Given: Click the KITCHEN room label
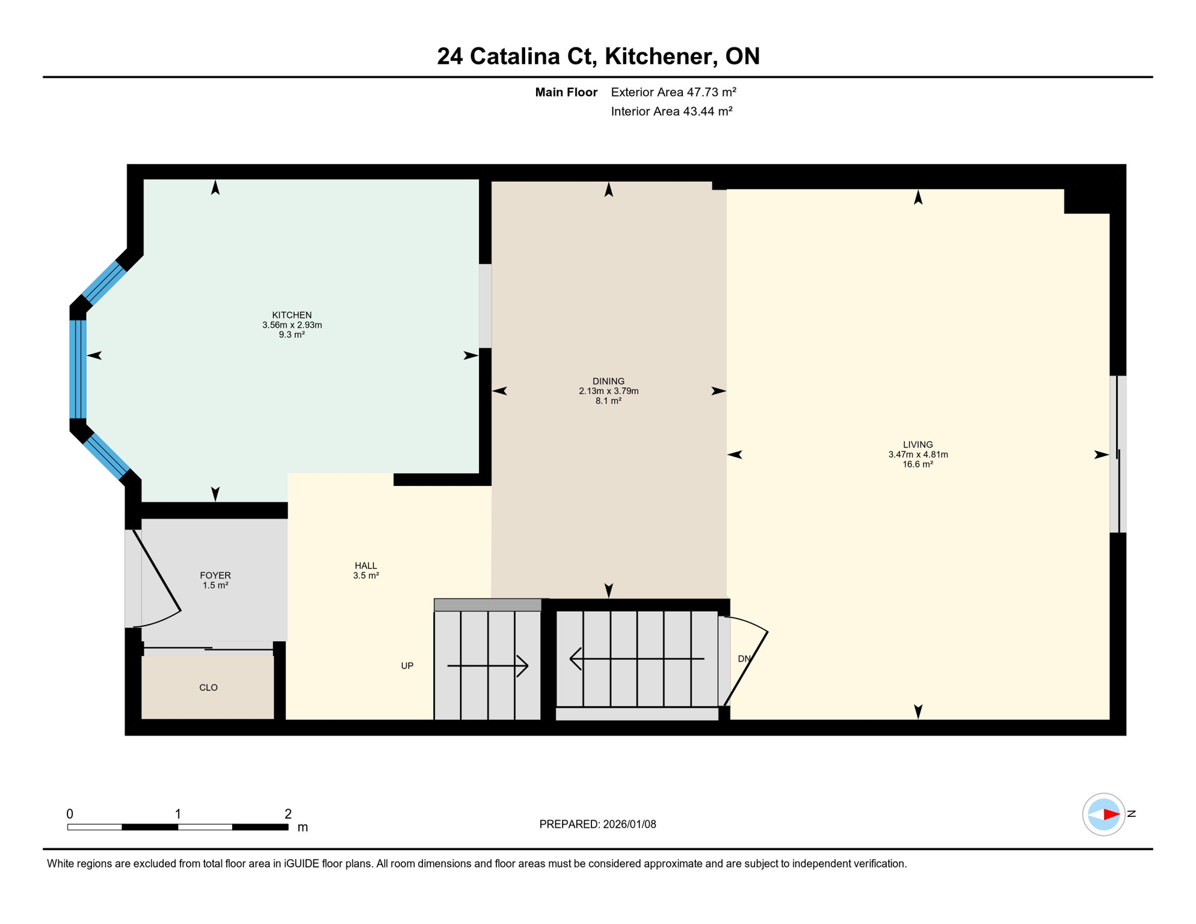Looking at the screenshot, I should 292,315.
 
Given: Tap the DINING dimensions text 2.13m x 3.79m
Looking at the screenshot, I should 608,391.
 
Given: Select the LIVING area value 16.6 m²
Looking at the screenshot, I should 917,464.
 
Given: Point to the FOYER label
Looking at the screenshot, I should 215,575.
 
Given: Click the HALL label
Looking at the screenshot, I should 366,565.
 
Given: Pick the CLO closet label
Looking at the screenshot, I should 208,688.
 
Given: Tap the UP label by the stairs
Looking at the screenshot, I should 407,666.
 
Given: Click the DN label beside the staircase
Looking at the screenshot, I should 744,659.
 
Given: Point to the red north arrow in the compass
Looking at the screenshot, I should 1111,815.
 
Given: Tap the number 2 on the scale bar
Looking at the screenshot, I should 288,814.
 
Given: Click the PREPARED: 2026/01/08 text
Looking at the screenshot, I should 597,824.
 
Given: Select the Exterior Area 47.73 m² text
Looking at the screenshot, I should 673,92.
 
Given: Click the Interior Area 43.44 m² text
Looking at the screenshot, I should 671,111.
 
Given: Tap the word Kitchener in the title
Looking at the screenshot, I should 661,56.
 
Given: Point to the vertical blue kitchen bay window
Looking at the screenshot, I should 78,369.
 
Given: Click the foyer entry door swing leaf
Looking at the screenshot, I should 157,570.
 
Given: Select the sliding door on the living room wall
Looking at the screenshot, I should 1118,454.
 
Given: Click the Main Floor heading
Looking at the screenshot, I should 566,92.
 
